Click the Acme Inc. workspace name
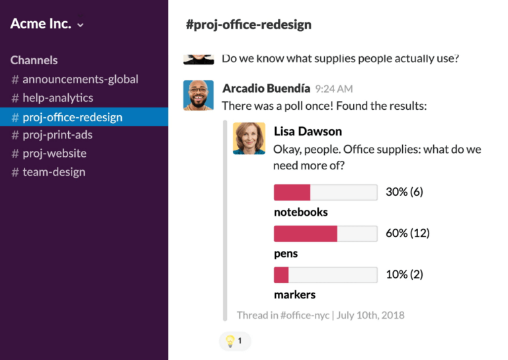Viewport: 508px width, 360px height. tap(41, 24)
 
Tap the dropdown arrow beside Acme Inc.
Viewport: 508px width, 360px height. tap(81, 25)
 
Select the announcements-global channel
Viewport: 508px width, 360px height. tap(80, 79)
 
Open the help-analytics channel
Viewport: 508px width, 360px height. tap(58, 98)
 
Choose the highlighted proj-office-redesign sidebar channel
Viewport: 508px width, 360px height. tap(72, 117)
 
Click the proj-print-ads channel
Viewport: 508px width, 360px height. tap(58, 135)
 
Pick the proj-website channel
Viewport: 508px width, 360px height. tap(54, 154)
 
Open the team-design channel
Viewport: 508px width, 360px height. tap(54, 172)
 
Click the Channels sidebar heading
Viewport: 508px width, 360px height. tap(34, 60)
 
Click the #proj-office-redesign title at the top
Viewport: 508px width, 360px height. tap(249, 25)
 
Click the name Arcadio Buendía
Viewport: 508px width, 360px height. tap(266, 89)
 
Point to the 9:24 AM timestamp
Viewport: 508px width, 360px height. tap(334, 89)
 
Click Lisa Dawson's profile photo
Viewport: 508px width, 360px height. tap(249, 138)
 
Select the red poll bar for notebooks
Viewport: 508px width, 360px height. tap(292, 193)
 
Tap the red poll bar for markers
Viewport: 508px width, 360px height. tap(281, 275)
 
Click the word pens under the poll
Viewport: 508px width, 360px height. tap(286, 253)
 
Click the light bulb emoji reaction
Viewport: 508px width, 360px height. tap(230, 341)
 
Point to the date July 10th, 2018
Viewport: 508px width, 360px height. tap(370, 315)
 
